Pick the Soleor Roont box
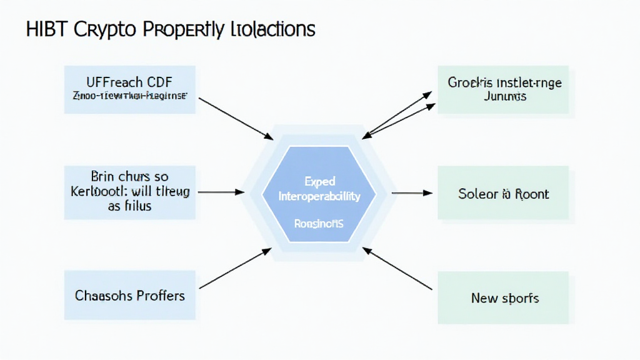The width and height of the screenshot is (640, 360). (x=503, y=193)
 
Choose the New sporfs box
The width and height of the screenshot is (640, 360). (x=503, y=297)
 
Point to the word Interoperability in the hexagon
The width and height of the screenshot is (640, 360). (x=319, y=196)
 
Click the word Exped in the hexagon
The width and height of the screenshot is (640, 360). (x=319, y=182)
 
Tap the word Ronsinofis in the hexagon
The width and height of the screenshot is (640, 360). (x=319, y=222)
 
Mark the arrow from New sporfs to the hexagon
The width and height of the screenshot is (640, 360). (x=397, y=269)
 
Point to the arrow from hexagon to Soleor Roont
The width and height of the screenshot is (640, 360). (x=412, y=192)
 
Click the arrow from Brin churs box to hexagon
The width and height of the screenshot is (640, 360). (x=220, y=192)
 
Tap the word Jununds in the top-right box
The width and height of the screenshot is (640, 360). (x=504, y=96)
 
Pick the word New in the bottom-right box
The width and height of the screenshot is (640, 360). (x=484, y=298)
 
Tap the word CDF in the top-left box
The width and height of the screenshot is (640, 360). (x=159, y=82)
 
